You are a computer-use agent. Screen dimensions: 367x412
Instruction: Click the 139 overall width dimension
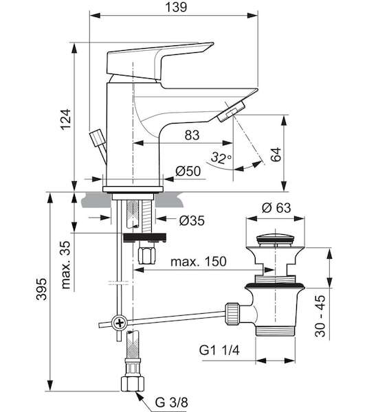176,7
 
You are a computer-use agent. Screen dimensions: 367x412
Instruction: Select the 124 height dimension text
65,119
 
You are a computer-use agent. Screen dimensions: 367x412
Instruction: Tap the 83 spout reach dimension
192,135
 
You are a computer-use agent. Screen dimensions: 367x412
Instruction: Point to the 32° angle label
221,157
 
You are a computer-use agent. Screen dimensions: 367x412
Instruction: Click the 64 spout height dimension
276,154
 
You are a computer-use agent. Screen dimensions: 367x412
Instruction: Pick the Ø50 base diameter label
188,171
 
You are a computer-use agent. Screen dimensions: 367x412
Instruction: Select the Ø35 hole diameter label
192,220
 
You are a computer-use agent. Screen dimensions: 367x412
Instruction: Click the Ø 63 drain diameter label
276,208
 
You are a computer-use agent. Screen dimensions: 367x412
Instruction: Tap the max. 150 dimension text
198,262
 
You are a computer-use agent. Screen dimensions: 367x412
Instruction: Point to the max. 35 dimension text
66,265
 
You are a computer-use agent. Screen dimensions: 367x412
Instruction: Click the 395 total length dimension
41,289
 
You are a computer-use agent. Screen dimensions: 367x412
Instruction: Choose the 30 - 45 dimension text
320,316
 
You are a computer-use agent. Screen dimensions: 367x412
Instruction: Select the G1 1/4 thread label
219,350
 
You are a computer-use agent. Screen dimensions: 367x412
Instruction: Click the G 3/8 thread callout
171,402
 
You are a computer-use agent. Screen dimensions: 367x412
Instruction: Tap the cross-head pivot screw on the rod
120,323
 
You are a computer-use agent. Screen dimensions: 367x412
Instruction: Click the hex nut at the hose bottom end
133,383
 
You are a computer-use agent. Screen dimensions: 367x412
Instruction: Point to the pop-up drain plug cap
275,240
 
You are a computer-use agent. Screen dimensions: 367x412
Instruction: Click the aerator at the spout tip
232,112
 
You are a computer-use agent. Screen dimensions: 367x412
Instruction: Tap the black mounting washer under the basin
145,238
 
